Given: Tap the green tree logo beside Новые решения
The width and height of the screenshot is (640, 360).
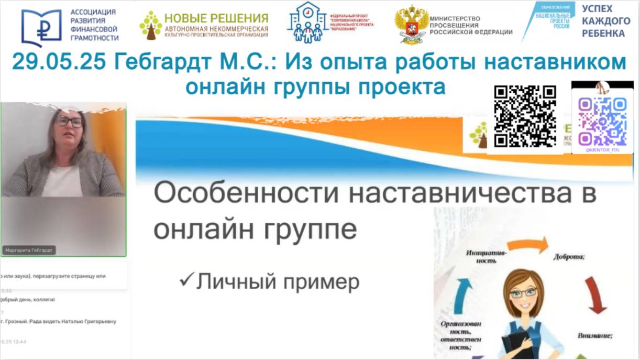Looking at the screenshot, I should [150, 25].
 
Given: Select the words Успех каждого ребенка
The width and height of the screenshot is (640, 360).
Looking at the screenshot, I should [606, 21].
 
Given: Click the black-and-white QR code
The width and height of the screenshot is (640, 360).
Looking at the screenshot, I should [525, 116].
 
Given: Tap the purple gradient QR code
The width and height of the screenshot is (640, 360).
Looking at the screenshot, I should [602, 121].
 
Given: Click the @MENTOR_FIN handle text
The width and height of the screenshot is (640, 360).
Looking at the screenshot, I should [602, 150].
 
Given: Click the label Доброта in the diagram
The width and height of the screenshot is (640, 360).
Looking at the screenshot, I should [569, 257].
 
